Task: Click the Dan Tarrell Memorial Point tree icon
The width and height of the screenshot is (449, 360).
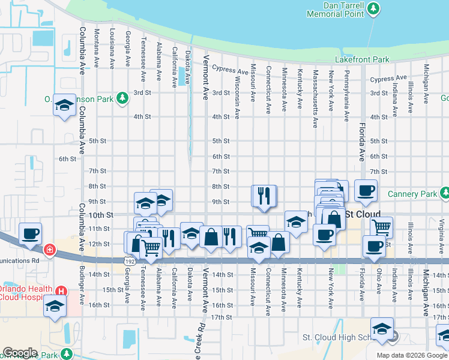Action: [x=373, y=8]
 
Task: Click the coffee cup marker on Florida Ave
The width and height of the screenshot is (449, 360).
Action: [x=366, y=191]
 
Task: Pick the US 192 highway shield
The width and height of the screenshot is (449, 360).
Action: [x=129, y=261]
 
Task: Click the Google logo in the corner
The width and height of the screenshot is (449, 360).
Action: [x=20, y=353]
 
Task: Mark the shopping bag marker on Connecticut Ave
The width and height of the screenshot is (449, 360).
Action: [x=279, y=243]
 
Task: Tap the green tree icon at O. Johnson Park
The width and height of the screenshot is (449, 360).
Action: [x=122, y=97]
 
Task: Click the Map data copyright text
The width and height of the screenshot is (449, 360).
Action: [x=411, y=355]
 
